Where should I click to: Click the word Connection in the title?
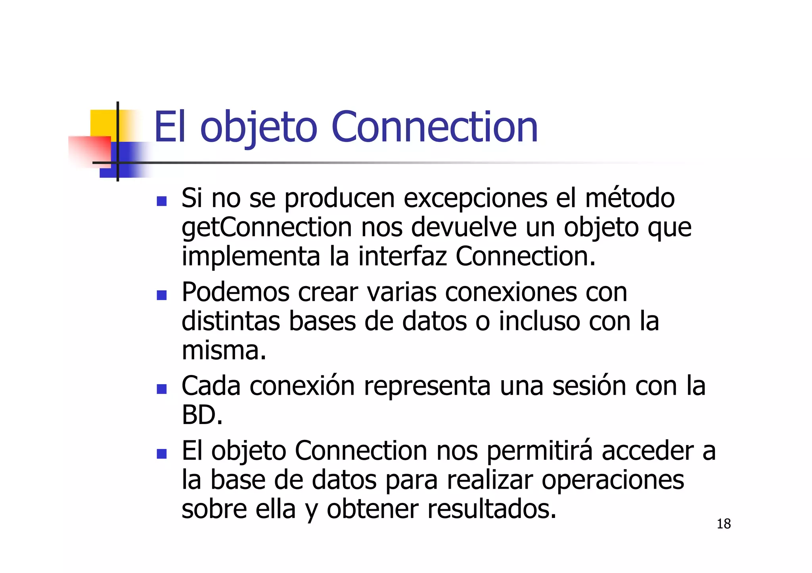[434, 127]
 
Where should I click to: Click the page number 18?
[724, 524]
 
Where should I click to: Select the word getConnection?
[267, 228]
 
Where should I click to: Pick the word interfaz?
[402, 256]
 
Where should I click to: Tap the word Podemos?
[236, 292]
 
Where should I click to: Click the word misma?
[224, 350]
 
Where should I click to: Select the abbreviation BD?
[202, 415]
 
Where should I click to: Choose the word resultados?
[492, 509]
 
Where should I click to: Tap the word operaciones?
[613, 480]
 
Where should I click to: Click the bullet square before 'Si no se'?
[161, 201]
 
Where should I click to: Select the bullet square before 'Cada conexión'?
[161, 389]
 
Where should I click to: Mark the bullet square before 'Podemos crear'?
[161, 295]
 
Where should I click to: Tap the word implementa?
[251, 256]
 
